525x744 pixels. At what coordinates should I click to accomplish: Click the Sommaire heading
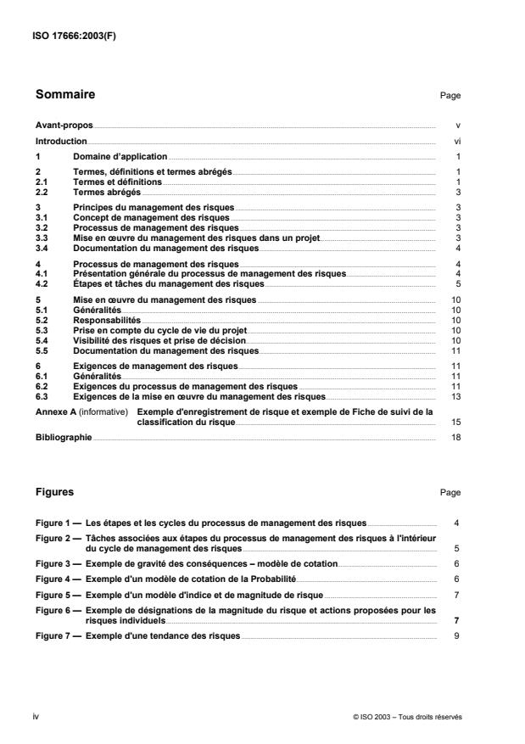coord(65,94)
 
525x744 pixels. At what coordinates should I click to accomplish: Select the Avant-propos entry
coord(64,126)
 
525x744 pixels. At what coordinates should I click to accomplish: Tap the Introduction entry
coord(61,142)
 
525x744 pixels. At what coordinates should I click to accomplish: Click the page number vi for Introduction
coord(457,142)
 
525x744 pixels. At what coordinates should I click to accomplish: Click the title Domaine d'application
coord(120,158)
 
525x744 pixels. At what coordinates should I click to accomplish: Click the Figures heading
coord(54,491)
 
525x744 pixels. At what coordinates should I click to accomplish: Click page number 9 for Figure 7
coord(457,635)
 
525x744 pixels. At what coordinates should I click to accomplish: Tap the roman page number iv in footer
coord(37,716)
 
